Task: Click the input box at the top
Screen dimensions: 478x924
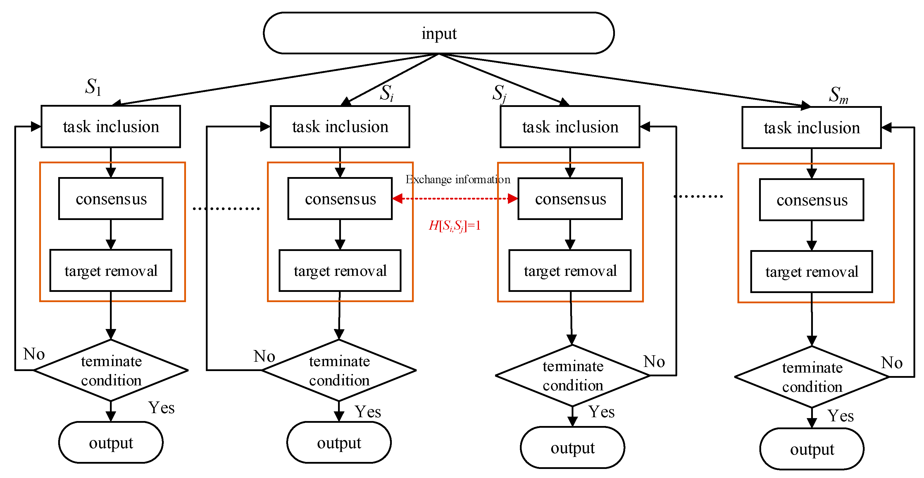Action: (438, 33)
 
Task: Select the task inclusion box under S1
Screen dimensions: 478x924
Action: (111, 127)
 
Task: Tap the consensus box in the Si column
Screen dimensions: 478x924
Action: (340, 198)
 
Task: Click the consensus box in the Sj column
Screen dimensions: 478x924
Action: (570, 198)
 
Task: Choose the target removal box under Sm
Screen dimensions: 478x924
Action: (811, 272)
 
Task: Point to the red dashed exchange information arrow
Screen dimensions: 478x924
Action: (455, 198)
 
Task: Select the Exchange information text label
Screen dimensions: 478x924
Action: (458, 179)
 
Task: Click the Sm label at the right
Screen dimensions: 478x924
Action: (838, 95)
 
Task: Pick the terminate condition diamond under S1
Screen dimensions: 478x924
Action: (111, 370)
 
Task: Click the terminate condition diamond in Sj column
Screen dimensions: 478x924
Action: (573, 375)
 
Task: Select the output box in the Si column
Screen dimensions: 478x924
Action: (339, 443)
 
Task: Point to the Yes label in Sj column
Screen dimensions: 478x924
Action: (601, 412)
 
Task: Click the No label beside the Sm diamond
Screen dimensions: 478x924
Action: (892, 363)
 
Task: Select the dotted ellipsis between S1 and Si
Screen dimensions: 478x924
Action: (226, 208)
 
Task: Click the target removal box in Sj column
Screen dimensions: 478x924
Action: (570, 271)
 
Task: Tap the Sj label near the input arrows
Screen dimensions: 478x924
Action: (499, 93)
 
